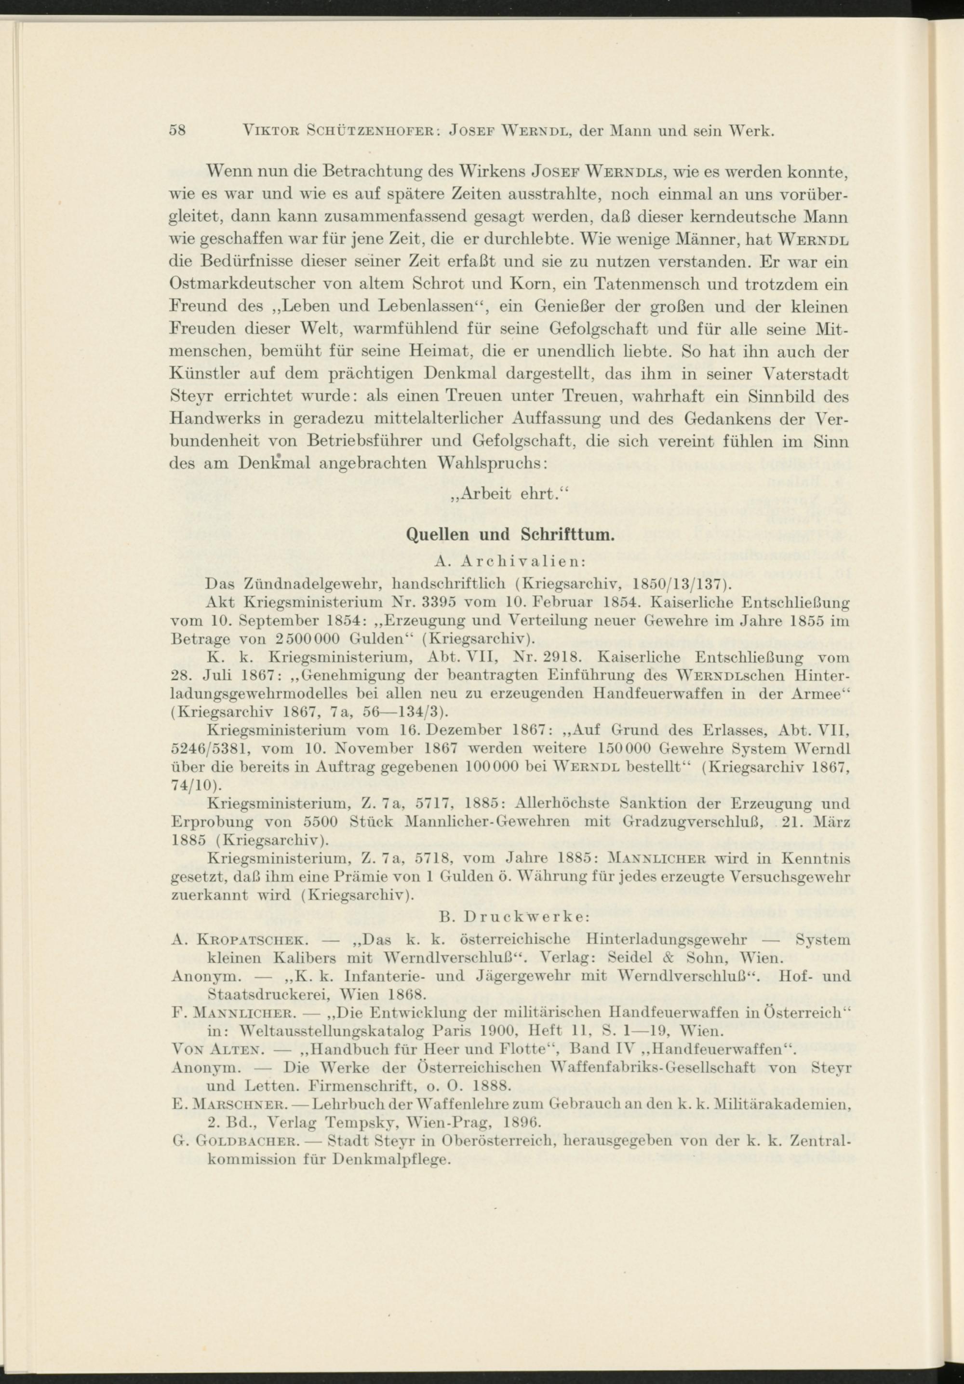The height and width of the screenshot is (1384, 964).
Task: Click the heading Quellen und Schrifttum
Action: click(510, 534)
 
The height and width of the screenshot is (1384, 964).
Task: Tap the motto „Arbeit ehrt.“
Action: click(510, 494)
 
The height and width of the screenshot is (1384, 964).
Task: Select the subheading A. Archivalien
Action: click(510, 561)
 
